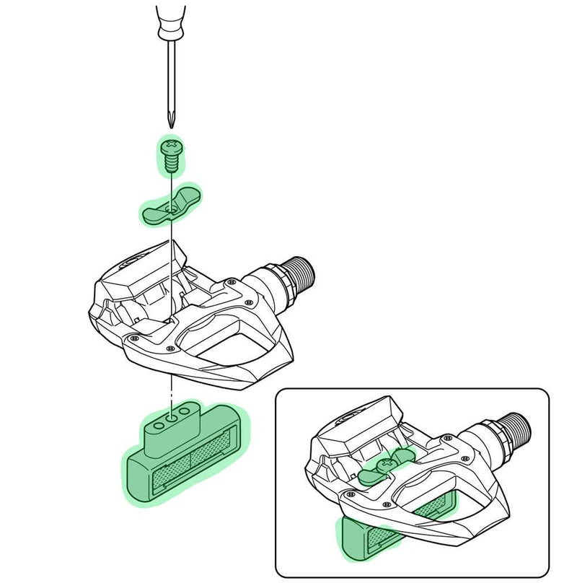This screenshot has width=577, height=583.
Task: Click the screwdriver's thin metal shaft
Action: tap(170, 79)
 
